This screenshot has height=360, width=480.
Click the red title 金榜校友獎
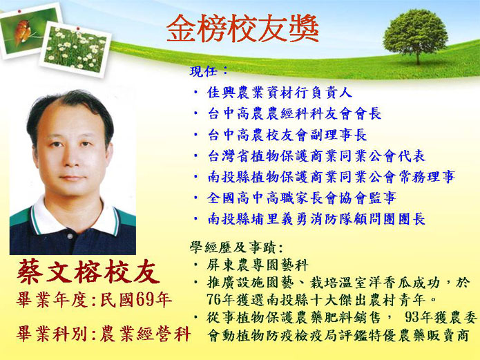click(x=242, y=28)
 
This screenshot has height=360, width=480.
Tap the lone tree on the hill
click(x=415, y=36)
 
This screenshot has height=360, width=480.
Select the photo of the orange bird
click(x=30, y=30)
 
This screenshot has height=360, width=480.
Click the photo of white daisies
click(x=75, y=50)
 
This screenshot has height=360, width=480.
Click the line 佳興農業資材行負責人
click(x=280, y=93)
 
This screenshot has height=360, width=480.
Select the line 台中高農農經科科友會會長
click(x=294, y=113)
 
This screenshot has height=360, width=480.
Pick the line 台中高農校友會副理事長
click(x=287, y=135)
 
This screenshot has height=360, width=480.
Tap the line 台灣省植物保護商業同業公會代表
click(x=316, y=156)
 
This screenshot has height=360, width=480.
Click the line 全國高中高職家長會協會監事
click(x=302, y=198)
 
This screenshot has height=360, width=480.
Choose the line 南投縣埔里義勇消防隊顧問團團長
click(x=316, y=219)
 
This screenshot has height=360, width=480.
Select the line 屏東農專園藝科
click(x=257, y=265)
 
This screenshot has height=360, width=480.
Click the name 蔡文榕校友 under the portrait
click(x=88, y=272)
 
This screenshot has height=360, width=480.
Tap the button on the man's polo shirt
click(x=70, y=236)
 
